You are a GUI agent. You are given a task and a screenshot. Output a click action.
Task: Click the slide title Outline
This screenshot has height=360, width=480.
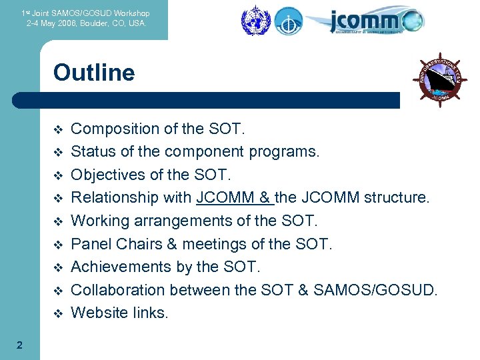(94, 72)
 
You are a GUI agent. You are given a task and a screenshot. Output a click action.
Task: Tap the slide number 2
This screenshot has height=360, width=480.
(19, 345)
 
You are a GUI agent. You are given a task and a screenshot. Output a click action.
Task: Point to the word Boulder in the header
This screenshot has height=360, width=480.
(95, 23)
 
